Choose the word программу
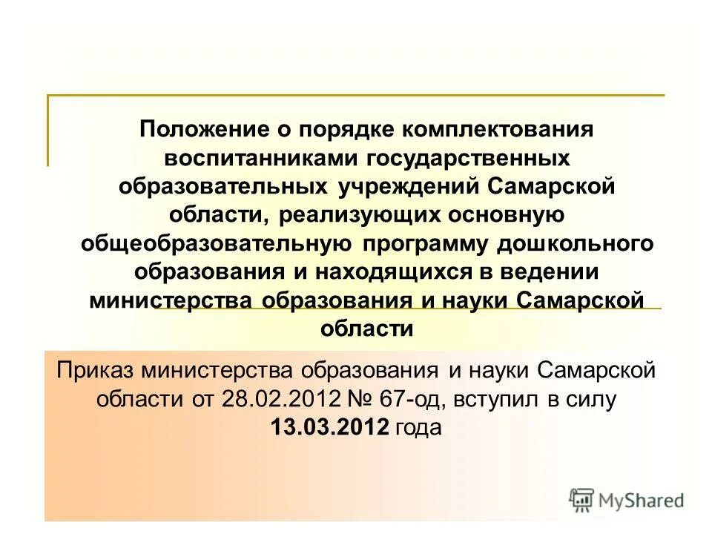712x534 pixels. [x=437, y=243]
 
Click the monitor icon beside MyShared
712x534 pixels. [x=582, y=501]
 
